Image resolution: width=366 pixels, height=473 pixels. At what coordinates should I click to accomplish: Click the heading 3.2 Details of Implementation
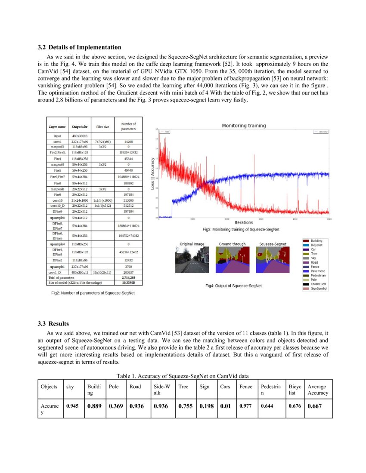(x=79, y=47)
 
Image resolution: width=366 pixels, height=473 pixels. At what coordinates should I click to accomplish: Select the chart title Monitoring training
(x=244, y=126)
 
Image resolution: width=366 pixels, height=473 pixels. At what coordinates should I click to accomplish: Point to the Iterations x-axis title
(x=244, y=222)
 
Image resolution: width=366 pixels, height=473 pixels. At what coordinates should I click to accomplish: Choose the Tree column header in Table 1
(x=183, y=387)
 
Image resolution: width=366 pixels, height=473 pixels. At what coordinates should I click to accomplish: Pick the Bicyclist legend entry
(x=319, y=245)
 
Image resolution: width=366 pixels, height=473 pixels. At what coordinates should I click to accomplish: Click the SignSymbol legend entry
(x=319, y=289)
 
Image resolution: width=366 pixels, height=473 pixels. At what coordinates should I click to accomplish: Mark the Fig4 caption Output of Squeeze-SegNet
(x=233, y=286)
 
